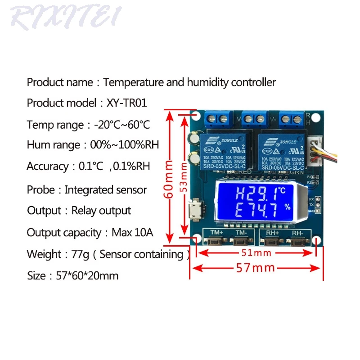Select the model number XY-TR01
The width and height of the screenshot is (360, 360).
(127, 103)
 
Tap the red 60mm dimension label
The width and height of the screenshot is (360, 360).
(169, 178)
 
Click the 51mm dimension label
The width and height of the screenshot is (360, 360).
(256, 253)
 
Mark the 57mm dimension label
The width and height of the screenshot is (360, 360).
(256, 268)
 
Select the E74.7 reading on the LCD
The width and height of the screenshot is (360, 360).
(245, 210)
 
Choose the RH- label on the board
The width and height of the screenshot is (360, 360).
(297, 233)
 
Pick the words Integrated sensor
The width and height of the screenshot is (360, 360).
(106, 189)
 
